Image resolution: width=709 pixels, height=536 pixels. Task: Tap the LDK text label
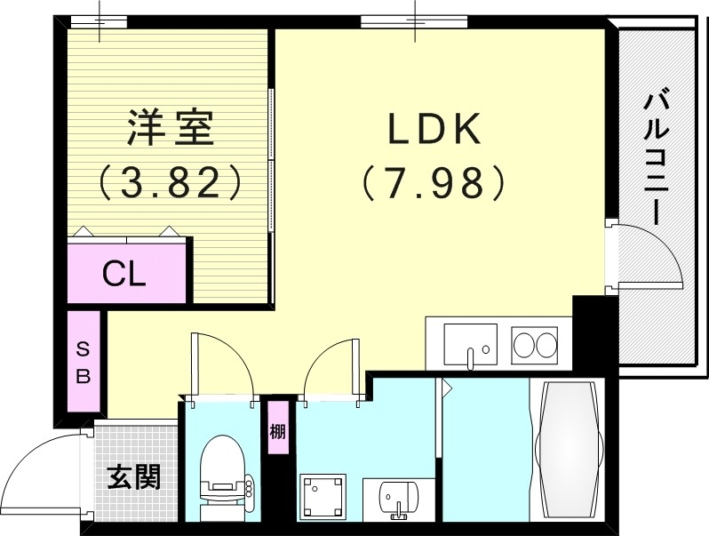pyautogui.click(x=434, y=132)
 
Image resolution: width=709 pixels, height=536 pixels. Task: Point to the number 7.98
pyautogui.click(x=434, y=183)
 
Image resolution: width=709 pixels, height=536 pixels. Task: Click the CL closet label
pyautogui.click(x=125, y=273)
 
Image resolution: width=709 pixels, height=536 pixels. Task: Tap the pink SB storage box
pyautogui.click(x=83, y=361)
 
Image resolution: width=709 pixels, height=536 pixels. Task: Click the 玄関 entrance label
pyautogui.click(x=134, y=477)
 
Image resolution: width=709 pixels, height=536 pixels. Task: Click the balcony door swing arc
pyautogui.click(x=654, y=253)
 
